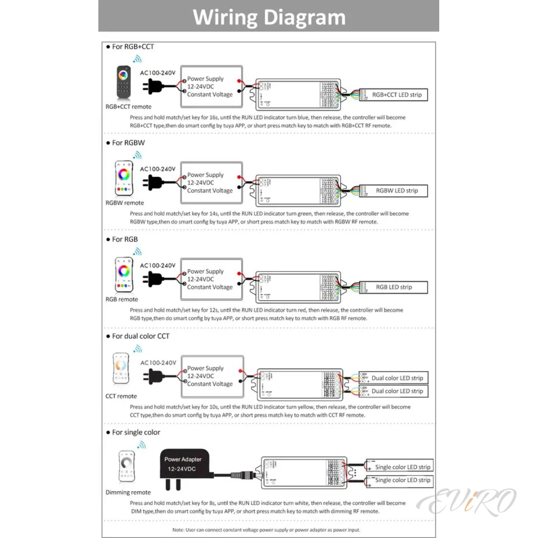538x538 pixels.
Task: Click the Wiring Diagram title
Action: (269, 17)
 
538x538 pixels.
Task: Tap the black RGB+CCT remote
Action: (124, 82)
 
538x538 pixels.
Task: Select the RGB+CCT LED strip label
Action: (396, 95)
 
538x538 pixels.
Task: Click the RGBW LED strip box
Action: (396, 191)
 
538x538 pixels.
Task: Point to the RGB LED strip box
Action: (394, 287)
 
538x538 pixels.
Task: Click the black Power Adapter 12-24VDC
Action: (184, 464)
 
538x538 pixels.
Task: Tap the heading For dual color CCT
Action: (140, 336)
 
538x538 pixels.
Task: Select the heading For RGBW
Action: (128, 143)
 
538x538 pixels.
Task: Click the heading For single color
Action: (136, 433)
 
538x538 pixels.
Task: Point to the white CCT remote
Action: (121, 368)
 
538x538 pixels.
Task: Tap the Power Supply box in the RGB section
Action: (211, 279)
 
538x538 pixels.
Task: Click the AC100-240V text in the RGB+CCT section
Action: (158, 73)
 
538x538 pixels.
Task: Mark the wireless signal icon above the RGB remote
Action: (137, 252)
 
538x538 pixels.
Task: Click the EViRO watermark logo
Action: (467, 502)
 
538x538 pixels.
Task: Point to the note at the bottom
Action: (266, 530)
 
